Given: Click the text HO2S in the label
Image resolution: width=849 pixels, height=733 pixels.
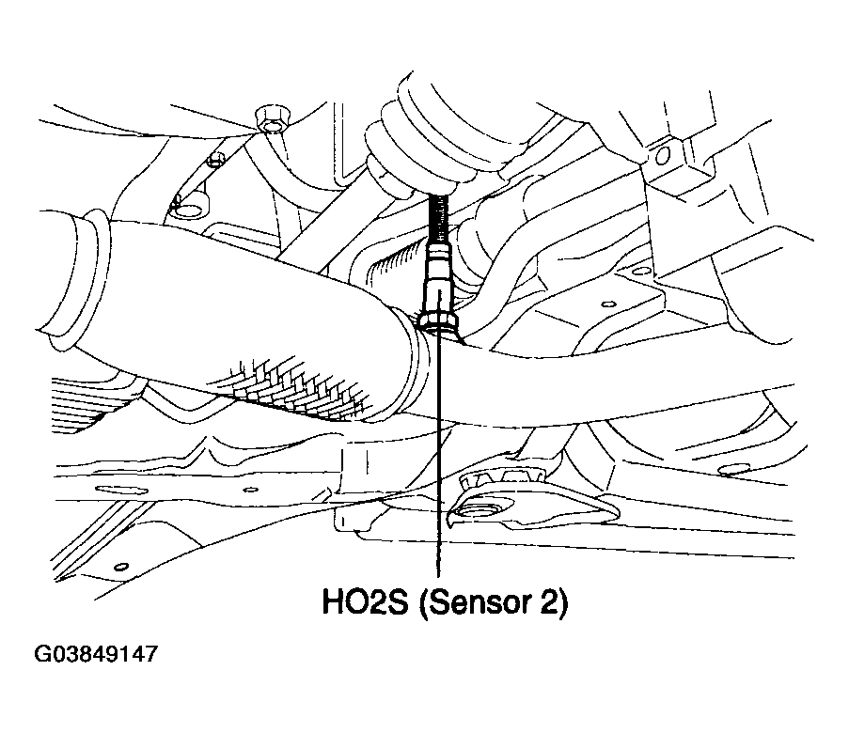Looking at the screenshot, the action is (x=365, y=602).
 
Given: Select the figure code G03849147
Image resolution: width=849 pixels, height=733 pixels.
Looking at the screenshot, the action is (x=96, y=654).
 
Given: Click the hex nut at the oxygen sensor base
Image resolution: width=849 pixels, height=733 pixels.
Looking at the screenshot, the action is (x=438, y=319).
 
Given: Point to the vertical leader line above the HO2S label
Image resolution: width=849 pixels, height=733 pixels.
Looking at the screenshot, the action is (x=438, y=455).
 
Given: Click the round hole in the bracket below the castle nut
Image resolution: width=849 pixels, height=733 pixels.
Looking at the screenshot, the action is (x=476, y=511).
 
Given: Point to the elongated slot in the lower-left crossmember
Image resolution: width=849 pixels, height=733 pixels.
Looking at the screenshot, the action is (x=122, y=491).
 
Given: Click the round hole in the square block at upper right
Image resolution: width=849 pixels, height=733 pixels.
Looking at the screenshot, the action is (x=662, y=156).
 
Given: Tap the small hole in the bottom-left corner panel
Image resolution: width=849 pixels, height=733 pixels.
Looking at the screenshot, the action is (x=122, y=567).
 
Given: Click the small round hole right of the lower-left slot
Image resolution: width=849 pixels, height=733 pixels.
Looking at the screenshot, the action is (x=250, y=490).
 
